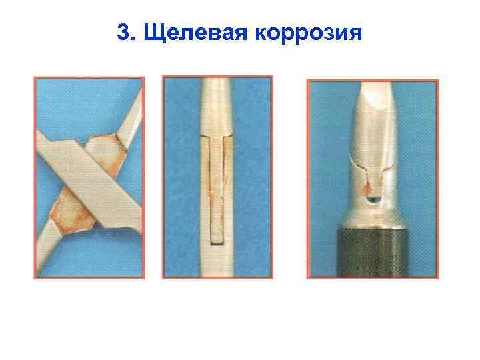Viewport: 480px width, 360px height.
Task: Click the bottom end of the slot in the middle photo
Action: click(x=217, y=238)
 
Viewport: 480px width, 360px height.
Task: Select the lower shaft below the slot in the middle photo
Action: click(x=217, y=260)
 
